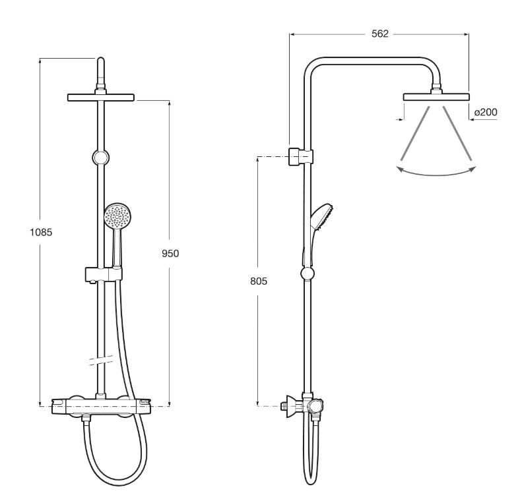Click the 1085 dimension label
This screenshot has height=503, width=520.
coord(41,232)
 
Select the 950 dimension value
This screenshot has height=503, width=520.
coord(170,254)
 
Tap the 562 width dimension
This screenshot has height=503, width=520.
coord(379,34)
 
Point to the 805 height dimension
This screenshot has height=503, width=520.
coord(259,281)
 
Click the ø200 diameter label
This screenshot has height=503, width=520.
coord(486,112)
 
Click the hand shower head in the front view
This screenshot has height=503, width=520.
coord(117,216)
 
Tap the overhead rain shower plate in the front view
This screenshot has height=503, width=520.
coord(101,98)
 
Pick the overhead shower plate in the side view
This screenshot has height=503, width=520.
coord(436,97)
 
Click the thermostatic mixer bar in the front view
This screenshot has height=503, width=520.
coord(101,406)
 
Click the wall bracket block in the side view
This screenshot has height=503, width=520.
coord(300,156)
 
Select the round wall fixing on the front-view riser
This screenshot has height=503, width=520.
coord(100,157)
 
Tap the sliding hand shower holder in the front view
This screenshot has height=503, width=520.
coord(104,274)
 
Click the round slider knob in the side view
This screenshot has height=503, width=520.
coord(308,274)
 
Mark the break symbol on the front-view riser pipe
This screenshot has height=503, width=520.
coord(101,360)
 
